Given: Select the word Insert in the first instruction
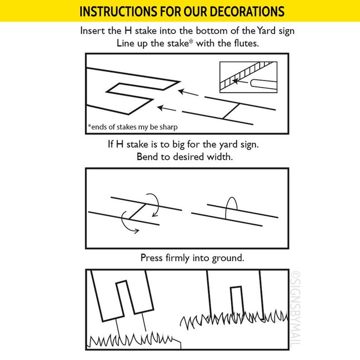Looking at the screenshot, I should tap(92, 32).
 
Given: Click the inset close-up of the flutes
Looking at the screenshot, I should tap(248, 78).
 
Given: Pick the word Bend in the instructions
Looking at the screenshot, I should tap(146, 157).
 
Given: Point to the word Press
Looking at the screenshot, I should tap(151, 258).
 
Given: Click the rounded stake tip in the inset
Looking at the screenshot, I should tap(254, 83).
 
